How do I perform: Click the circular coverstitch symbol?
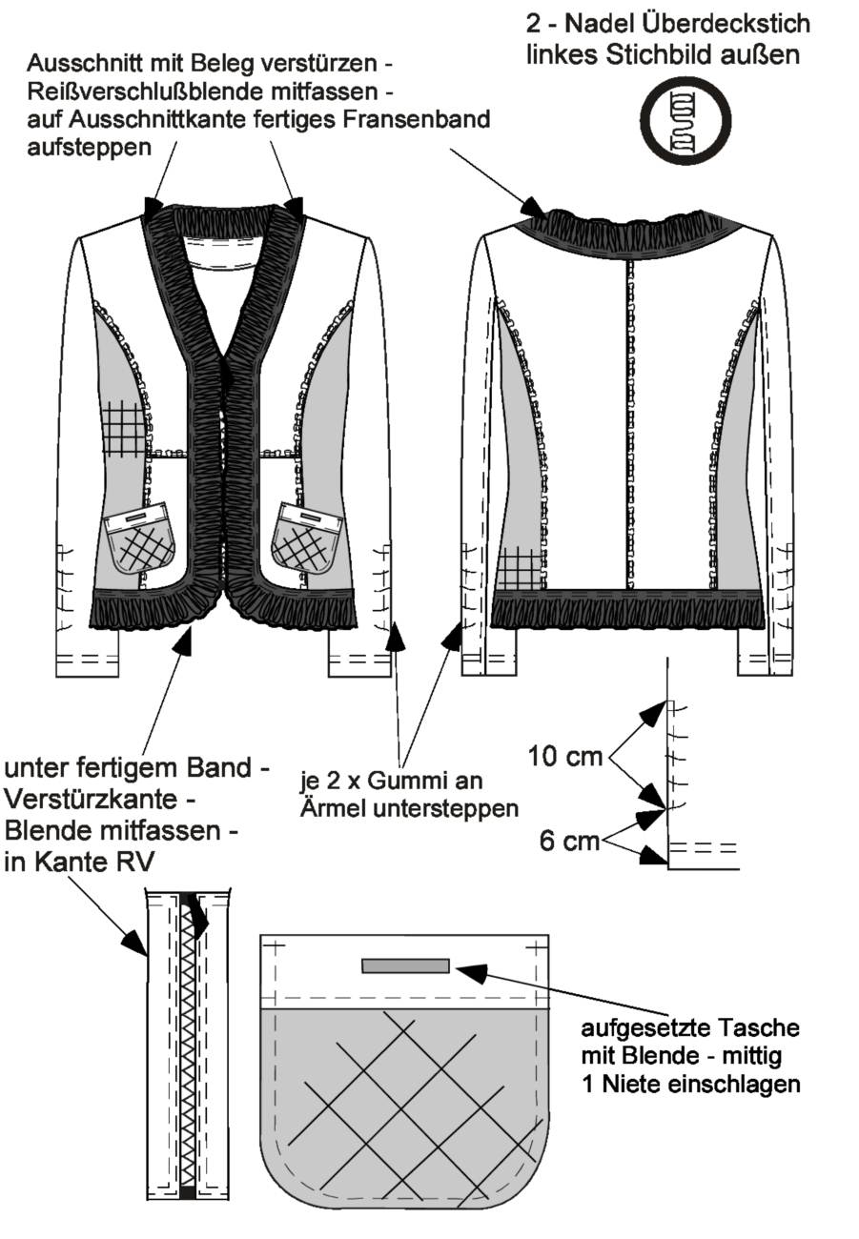coord(685,119)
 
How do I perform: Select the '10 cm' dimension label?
coord(564,756)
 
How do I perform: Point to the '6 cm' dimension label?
coord(569,841)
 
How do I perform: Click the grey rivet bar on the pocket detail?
coord(405,965)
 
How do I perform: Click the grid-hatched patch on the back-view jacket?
coord(520,569)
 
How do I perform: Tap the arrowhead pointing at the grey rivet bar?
coord(470,972)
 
